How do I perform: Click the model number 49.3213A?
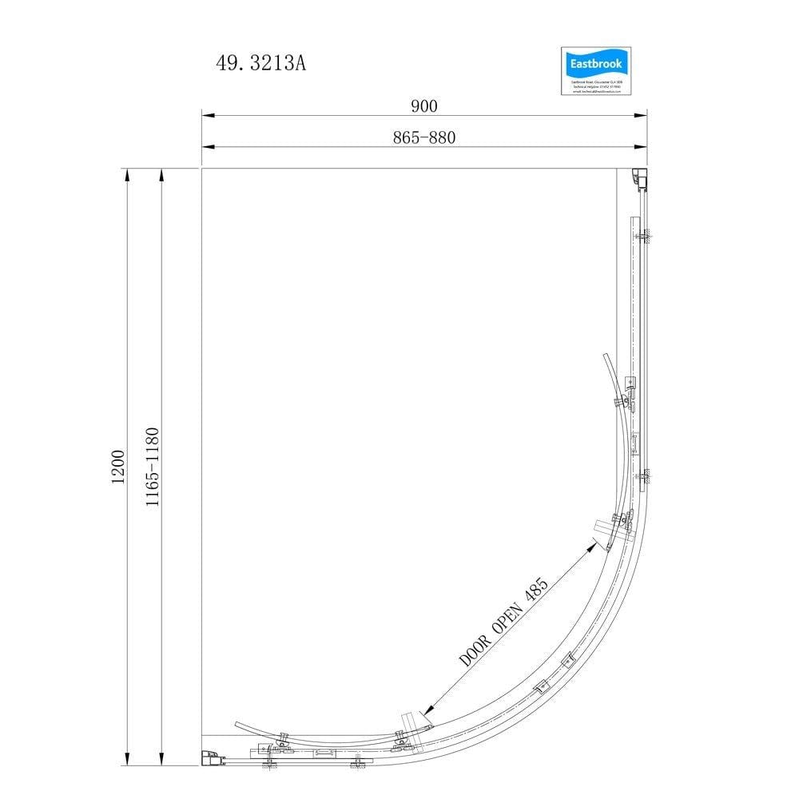(260, 64)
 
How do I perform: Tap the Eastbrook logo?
(597, 71)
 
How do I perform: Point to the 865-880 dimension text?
(424, 137)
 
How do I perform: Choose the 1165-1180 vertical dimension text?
(153, 467)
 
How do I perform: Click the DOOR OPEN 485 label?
(504, 623)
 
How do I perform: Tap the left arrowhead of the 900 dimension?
(206, 116)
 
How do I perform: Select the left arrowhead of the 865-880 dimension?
(206, 147)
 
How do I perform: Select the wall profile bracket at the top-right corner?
(639, 179)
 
